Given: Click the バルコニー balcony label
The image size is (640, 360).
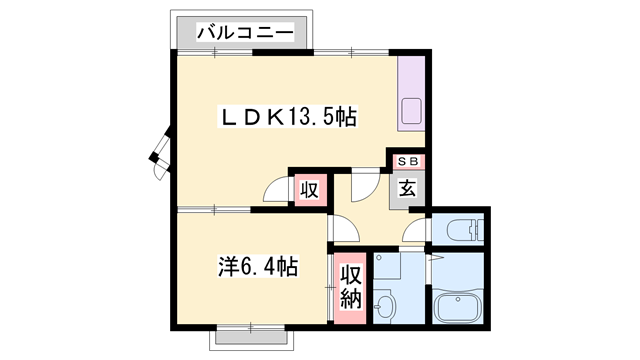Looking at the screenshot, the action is (x=245, y=32).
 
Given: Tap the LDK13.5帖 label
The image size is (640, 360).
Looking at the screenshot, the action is (x=288, y=118).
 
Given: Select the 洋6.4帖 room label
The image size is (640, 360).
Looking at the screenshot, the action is (x=258, y=267).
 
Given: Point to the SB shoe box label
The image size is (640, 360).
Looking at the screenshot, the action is (x=408, y=162).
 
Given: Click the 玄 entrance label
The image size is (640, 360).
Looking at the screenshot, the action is (x=407, y=189).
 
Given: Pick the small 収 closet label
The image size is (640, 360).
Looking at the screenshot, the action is (x=310, y=190).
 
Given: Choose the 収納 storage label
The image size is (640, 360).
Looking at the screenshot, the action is (x=351, y=287).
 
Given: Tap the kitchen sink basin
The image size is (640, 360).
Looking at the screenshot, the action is (x=411, y=111).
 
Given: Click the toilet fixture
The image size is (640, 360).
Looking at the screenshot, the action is (x=465, y=231).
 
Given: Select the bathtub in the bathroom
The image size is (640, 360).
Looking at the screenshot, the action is (x=458, y=305).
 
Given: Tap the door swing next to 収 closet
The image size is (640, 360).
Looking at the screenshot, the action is (x=276, y=190).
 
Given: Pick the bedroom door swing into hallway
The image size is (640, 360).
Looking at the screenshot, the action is (x=346, y=229).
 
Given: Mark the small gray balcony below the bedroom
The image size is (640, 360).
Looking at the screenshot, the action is (x=251, y=337).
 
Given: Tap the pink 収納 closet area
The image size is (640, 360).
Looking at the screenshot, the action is (x=350, y=288).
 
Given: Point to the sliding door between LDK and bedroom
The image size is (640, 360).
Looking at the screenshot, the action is (x=214, y=210).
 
